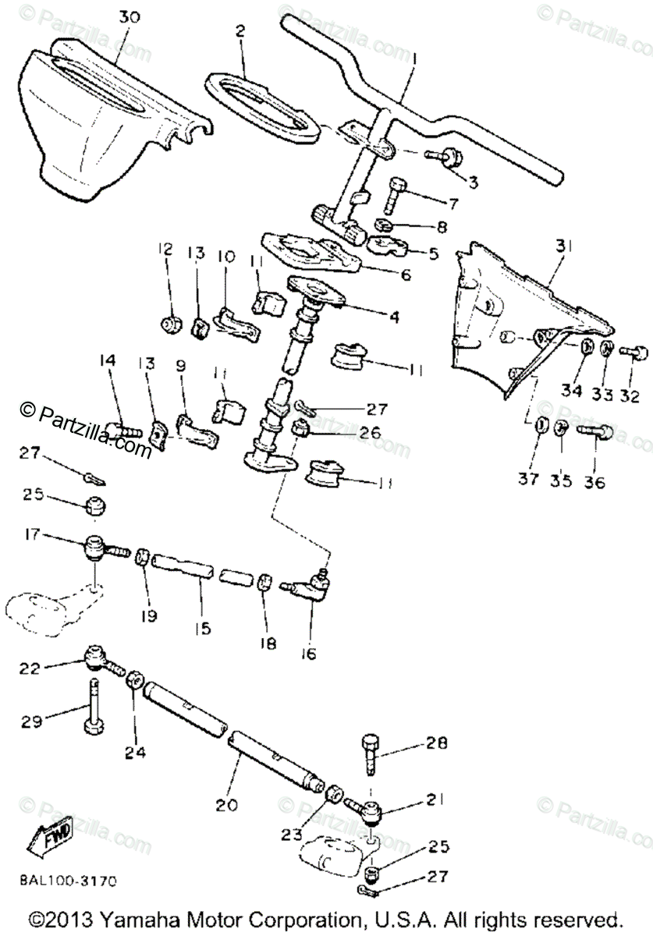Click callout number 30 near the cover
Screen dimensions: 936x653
(x=130, y=16)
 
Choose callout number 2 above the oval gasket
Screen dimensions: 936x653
(x=240, y=33)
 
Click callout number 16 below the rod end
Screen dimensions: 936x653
(x=309, y=654)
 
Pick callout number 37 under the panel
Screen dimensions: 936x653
(x=528, y=479)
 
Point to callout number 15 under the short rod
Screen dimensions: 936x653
(x=204, y=626)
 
